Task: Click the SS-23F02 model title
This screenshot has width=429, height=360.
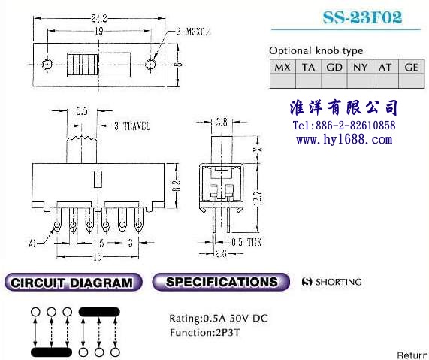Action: pyautogui.click(x=362, y=17)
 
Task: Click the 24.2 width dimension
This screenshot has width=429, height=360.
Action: pyautogui.click(x=99, y=19)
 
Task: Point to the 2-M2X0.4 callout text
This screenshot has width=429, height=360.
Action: pyautogui.click(x=193, y=32)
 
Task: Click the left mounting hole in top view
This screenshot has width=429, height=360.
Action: pyautogui.click(x=47, y=65)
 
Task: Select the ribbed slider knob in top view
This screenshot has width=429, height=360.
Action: pyautogui.click(x=83, y=65)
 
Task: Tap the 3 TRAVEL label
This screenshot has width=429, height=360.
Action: pyautogui.click(x=132, y=126)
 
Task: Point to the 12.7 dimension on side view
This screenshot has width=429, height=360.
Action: pyautogui.click(x=259, y=198)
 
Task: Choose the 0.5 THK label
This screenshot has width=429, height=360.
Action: pyautogui.click(x=246, y=242)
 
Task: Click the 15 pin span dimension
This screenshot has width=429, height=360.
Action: pyautogui.click(x=98, y=257)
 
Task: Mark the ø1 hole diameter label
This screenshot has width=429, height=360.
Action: pyautogui.click(x=32, y=243)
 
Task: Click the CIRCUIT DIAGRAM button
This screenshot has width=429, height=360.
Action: pyautogui.click(x=74, y=283)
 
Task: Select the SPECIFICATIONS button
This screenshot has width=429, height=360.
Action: pyautogui.click(x=221, y=282)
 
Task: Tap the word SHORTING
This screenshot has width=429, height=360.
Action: pyautogui.click(x=339, y=282)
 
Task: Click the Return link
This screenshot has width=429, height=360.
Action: pyautogui.click(x=412, y=355)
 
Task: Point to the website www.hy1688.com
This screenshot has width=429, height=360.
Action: pyautogui.click(x=344, y=139)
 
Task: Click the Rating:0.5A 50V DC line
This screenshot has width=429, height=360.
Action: pyautogui.click(x=219, y=319)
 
